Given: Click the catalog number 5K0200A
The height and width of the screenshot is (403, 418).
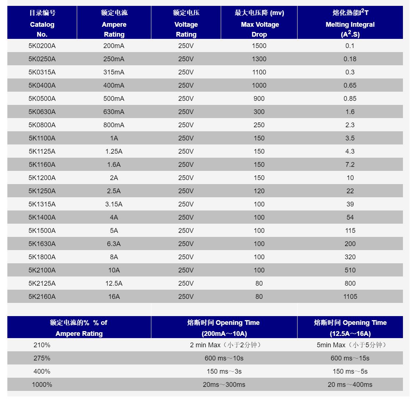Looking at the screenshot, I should (x=42, y=46).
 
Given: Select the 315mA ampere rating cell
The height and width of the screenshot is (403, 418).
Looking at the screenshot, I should (x=114, y=72).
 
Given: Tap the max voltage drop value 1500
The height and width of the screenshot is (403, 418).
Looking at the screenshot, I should (x=259, y=46).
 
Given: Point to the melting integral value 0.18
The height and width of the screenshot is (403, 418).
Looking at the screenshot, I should (x=350, y=59).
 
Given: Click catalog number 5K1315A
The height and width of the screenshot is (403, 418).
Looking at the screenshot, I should (x=42, y=204).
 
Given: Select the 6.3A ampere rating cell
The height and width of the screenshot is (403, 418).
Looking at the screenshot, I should (x=114, y=244).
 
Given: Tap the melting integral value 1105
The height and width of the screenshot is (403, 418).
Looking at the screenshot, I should (x=350, y=297).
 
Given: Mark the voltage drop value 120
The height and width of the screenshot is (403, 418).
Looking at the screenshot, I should (x=259, y=191).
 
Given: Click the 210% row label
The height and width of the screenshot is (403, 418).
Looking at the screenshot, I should (x=42, y=345).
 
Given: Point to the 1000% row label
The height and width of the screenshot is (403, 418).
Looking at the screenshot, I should (x=42, y=385).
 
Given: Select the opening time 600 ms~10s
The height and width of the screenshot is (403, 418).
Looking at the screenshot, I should (x=224, y=358).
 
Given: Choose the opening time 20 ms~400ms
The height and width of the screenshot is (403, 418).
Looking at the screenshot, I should (x=350, y=385).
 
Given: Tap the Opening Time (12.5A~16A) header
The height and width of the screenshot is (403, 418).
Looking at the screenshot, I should (x=350, y=328).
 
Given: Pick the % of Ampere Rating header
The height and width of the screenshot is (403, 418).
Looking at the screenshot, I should (x=79, y=328).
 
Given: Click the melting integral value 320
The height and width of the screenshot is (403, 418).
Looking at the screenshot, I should (x=350, y=257).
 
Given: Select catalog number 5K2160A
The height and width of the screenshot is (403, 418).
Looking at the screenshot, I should (x=42, y=297).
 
